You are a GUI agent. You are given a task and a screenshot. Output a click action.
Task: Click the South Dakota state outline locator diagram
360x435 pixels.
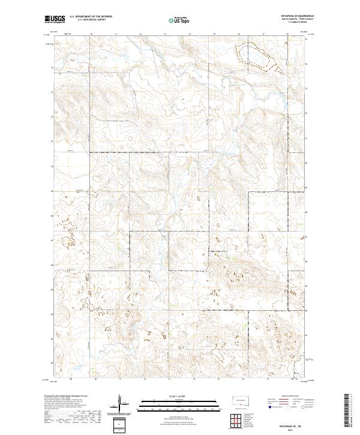(x=240, y=400)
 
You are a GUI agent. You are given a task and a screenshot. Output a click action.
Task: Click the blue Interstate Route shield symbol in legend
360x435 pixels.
(x=270, y=406)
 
